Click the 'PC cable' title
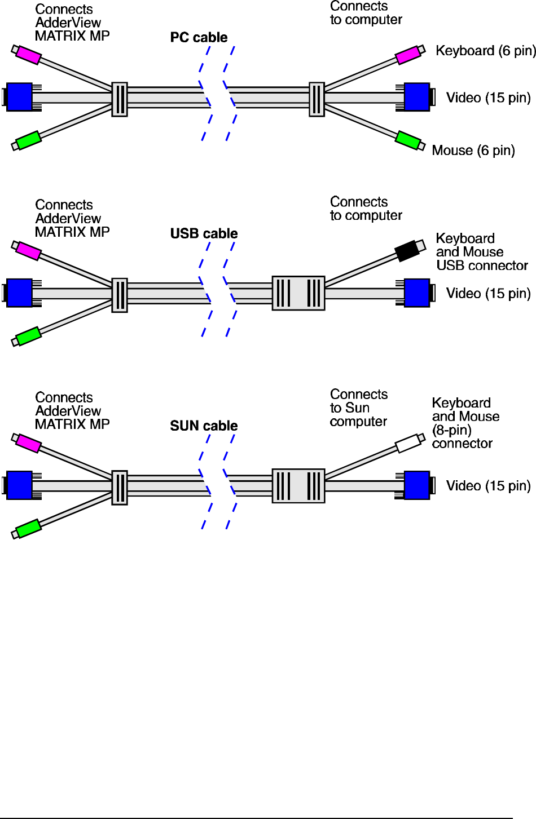point(199,38)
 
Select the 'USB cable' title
point(204,234)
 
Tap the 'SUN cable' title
point(204,426)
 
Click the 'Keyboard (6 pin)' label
point(485,51)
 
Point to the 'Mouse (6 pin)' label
point(473,150)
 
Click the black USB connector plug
point(407,251)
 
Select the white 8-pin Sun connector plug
point(408,444)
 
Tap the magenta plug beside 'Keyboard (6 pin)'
point(408,55)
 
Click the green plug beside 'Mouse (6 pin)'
point(408,140)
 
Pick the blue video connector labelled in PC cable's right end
point(417,97)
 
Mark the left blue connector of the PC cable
point(19,97)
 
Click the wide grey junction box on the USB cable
point(298,293)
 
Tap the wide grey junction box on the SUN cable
point(298,486)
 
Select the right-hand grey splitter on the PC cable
point(317,99)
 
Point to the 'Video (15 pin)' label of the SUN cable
point(488,486)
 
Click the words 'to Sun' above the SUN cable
point(350,408)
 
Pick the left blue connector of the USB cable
point(19,293)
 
